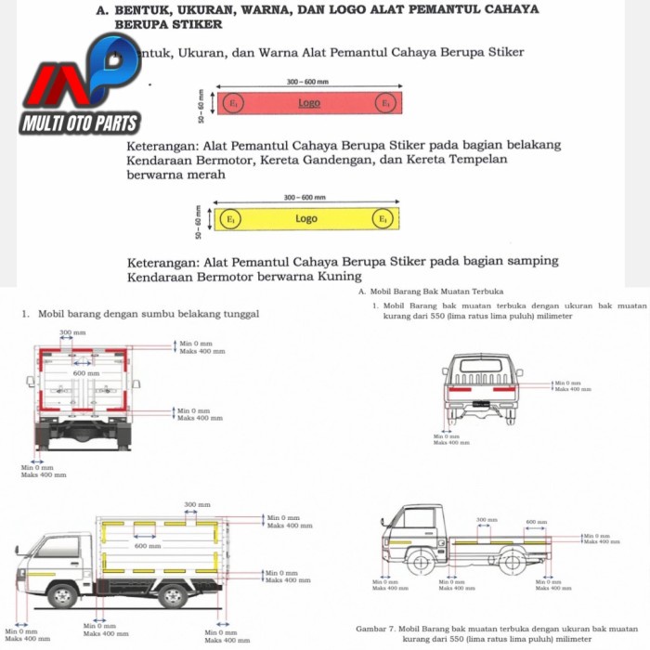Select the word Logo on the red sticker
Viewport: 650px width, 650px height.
click(x=309, y=103)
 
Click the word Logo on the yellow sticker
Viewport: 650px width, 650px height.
click(x=306, y=219)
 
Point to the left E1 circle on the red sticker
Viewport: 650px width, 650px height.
click(x=234, y=103)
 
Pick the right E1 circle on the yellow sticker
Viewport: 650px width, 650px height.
click(x=383, y=219)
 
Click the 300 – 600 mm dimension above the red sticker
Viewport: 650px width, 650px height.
click(x=307, y=82)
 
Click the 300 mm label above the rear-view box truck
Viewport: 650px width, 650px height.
click(x=71, y=331)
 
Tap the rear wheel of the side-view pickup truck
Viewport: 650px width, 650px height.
click(x=513, y=561)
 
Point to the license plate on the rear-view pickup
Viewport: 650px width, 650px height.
click(x=480, y=404)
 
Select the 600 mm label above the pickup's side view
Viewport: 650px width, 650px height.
click(x=537, y=521)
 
